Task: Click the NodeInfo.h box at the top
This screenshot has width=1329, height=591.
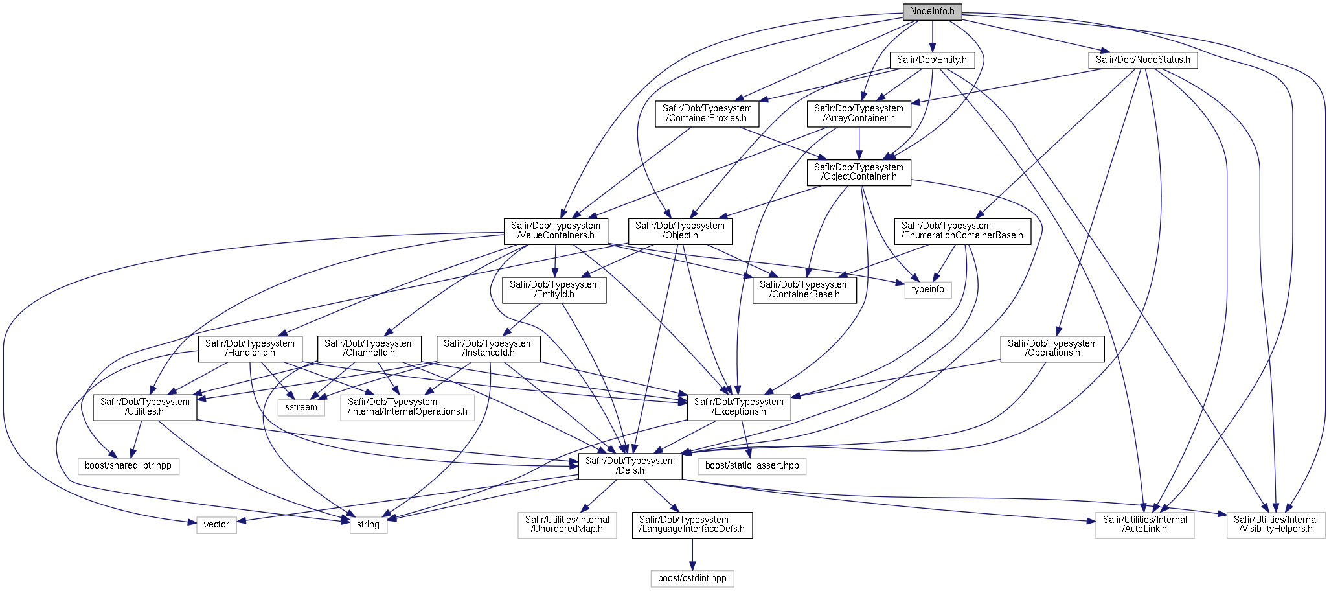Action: pos(932,12)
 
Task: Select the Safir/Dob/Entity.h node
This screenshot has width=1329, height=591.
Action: pos(931,60)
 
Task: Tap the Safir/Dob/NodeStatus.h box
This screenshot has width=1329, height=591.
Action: pos(1142,60)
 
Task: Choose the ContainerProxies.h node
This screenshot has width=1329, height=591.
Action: pos(707,113)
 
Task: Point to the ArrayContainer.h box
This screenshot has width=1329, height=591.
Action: pos(859,113)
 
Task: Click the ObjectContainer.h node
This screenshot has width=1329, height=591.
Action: pos(859,172)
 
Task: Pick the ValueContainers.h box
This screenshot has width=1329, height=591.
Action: pos(556,231)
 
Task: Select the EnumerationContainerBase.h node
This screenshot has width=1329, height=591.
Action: pos(962,231)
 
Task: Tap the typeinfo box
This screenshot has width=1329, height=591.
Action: pos(928,290)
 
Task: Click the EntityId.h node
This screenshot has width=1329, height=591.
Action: pos(554,290)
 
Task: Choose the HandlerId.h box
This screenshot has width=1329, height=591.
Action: pos(250,349)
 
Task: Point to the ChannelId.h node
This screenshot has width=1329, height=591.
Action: pos(369,349)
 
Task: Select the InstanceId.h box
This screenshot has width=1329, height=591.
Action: pos(488,349)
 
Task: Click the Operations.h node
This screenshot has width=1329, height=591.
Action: pos(1052,349)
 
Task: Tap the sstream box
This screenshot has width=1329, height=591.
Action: pos(301,408)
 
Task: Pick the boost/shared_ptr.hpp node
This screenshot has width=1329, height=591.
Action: pos(128,466)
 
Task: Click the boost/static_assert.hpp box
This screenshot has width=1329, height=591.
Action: pos(752,466)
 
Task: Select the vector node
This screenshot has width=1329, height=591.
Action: pos(216,525)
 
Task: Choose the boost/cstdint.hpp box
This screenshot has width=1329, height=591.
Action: pos(692,579)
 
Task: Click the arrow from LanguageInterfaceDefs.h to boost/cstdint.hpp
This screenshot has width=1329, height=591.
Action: pos(692,554)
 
